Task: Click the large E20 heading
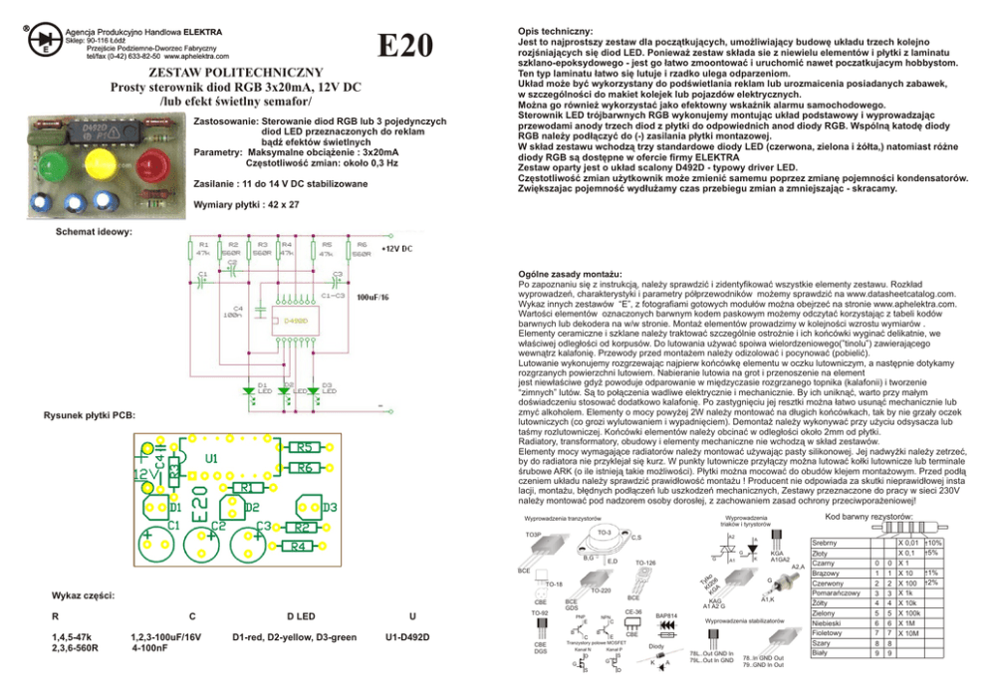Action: point(406,46)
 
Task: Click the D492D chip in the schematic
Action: point(296,321)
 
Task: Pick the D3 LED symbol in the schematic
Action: point(318,391)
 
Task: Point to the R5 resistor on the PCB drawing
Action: point(305,447)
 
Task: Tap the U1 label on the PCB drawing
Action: point(211,459)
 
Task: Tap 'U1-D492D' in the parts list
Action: point(405,637)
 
